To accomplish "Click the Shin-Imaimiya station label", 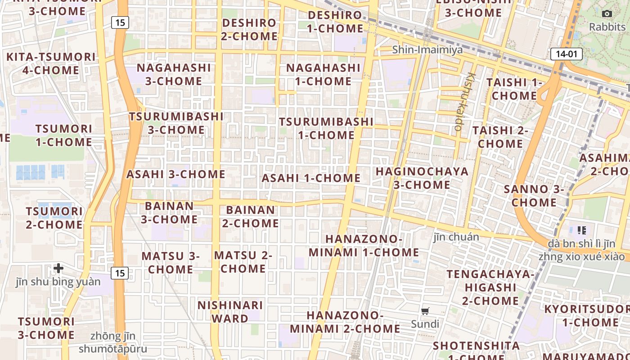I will (427, 49).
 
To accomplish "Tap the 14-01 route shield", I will (566, 54).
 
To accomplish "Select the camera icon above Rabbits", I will (607, 13).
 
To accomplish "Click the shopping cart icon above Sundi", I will (425, 311).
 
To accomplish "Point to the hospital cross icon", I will (58, 269).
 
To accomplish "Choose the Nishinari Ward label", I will (230, 312).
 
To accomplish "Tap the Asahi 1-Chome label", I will (311, 178).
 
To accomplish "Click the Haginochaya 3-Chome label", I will (422, 178).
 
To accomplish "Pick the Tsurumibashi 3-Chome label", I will (176, 123).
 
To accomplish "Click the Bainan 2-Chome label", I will (250, 216).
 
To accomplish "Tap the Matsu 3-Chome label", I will (171, 262).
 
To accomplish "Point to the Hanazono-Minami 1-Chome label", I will (364, 246).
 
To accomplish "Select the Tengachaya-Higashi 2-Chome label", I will (490, 287).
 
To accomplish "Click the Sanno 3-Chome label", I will (534, 196).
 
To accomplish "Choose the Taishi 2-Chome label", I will (500, 137).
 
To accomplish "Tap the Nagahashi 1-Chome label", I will (323, 75).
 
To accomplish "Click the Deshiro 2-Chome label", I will (249, 29).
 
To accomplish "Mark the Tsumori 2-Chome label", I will (54, 218).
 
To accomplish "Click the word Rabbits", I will (607, 27).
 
